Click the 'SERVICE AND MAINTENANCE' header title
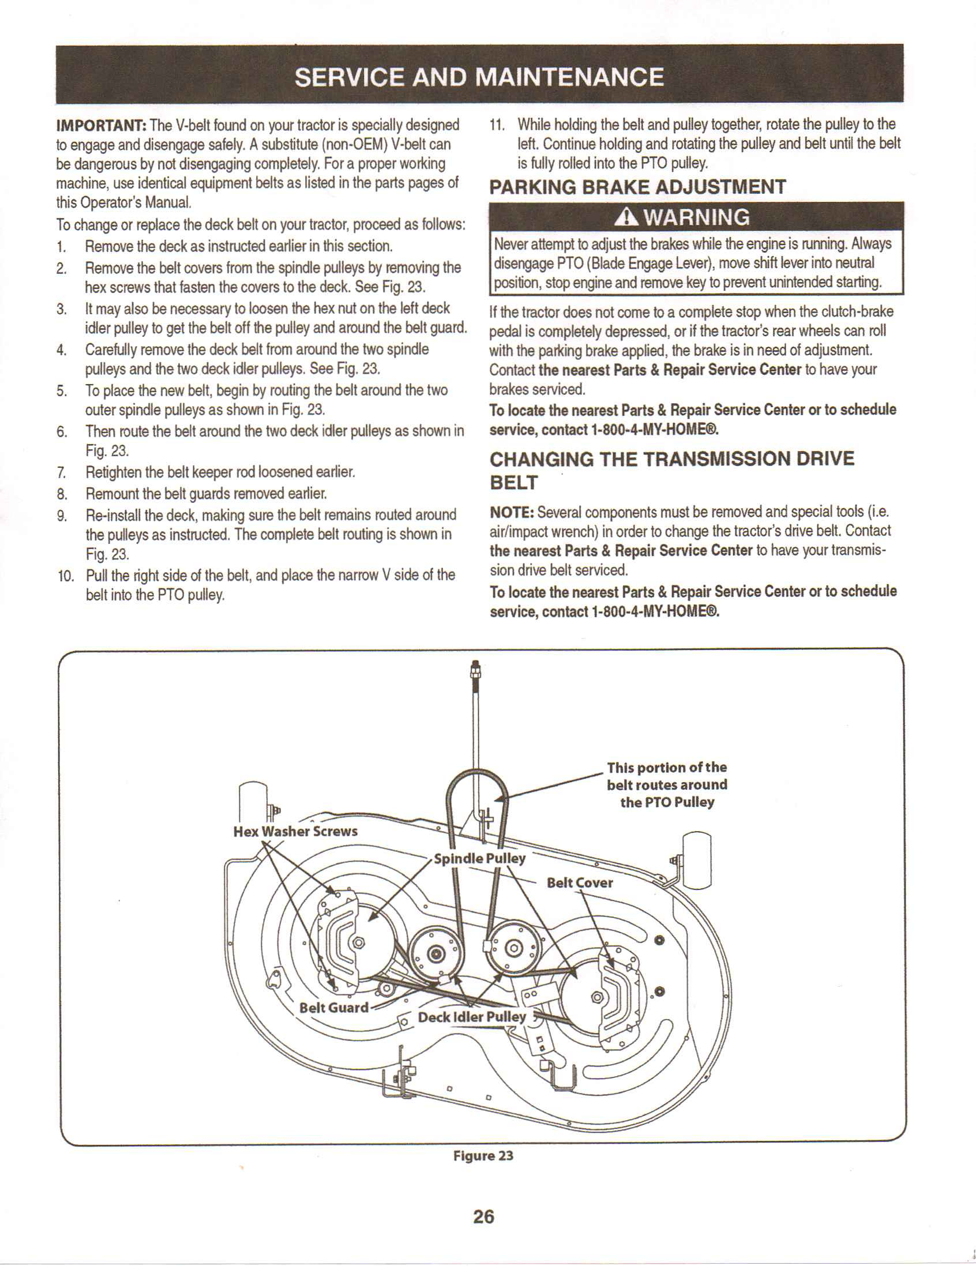479,77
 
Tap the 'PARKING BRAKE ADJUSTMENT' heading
637,187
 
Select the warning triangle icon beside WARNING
628,217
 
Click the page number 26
484,1216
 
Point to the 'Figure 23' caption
483,1155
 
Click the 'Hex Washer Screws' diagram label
295,831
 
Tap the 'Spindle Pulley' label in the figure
479,858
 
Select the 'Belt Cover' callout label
580,883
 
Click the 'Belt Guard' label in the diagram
334,1008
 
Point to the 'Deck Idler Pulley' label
472,1017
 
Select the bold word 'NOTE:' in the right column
511,512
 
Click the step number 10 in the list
66,576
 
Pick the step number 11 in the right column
497,125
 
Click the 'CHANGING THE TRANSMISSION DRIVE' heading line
672,459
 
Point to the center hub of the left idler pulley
436,953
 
